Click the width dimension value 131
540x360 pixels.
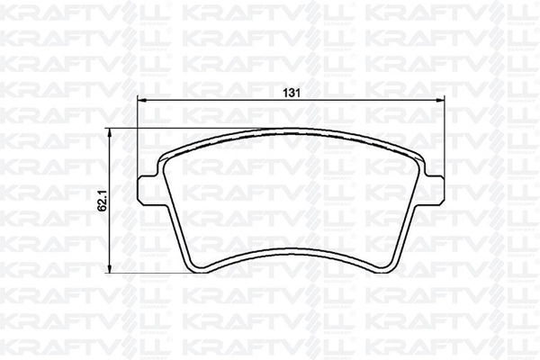(x=292, y=93)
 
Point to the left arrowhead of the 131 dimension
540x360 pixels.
(x=142, y=100)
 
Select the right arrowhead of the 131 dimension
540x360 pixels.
(x=440, y=100)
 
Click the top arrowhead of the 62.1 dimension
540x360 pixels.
(x=109, y=133)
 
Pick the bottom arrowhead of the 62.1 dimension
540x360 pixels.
(x=109, y=268)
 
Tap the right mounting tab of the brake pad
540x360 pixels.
(x=435, y=189)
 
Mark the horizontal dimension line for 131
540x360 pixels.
(x=291, y=100)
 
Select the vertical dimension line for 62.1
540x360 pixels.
(x=109, y=201)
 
